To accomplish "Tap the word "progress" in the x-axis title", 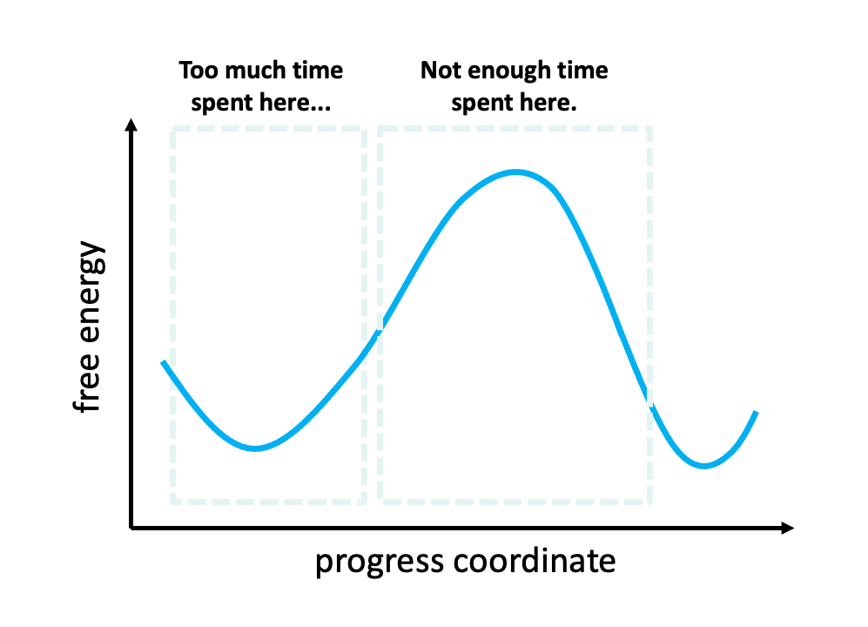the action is tap(380, 563).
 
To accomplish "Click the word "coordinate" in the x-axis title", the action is tap(535, 561).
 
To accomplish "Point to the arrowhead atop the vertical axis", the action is tap(131, 125).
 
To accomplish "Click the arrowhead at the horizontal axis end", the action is tap(788, 528).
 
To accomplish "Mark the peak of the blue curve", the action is tap(516, 172).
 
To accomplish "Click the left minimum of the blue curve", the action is tap(254, 448).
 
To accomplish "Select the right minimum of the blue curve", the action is tap(703, 465).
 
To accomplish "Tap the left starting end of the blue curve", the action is tap(164, 362).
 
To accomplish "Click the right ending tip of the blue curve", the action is tap(756, 412).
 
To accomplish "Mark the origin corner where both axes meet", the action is tap(131, 528).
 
